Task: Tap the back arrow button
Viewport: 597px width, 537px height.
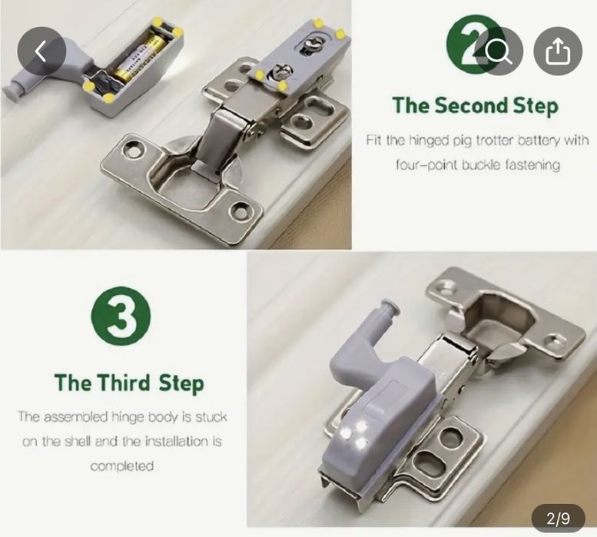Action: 41,51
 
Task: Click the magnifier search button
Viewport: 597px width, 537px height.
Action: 499,51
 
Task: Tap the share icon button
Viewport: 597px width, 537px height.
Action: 558,51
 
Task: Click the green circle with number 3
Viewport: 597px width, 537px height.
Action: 121,316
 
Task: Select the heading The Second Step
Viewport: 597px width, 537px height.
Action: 476,105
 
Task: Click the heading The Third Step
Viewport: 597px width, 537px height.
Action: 129,383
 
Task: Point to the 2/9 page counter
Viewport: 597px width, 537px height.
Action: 558,519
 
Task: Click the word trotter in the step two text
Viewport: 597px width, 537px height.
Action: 490,141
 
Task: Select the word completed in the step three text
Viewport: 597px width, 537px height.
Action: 122,466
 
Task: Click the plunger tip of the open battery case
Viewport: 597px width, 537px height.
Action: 11,92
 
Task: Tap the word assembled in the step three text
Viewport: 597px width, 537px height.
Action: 76,417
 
